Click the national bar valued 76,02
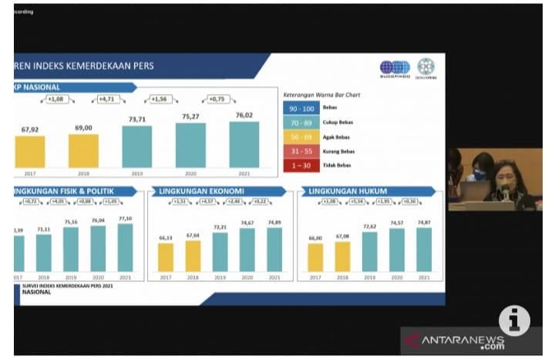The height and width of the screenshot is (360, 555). tap(244, 144)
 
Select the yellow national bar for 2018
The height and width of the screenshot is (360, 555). tap(83, 150)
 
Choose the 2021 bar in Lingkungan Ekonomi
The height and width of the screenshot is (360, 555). tap(274, 249)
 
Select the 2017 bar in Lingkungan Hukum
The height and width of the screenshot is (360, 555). tap(315, 257)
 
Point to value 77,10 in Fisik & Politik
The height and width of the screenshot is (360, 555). tap(125, 219)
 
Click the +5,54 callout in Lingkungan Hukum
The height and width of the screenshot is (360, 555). tap(356, 202)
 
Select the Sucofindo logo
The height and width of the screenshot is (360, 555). tap(395, 67)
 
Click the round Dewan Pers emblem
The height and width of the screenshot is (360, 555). tap(426, 66)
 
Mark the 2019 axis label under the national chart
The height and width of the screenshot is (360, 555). tap(136, 173)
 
